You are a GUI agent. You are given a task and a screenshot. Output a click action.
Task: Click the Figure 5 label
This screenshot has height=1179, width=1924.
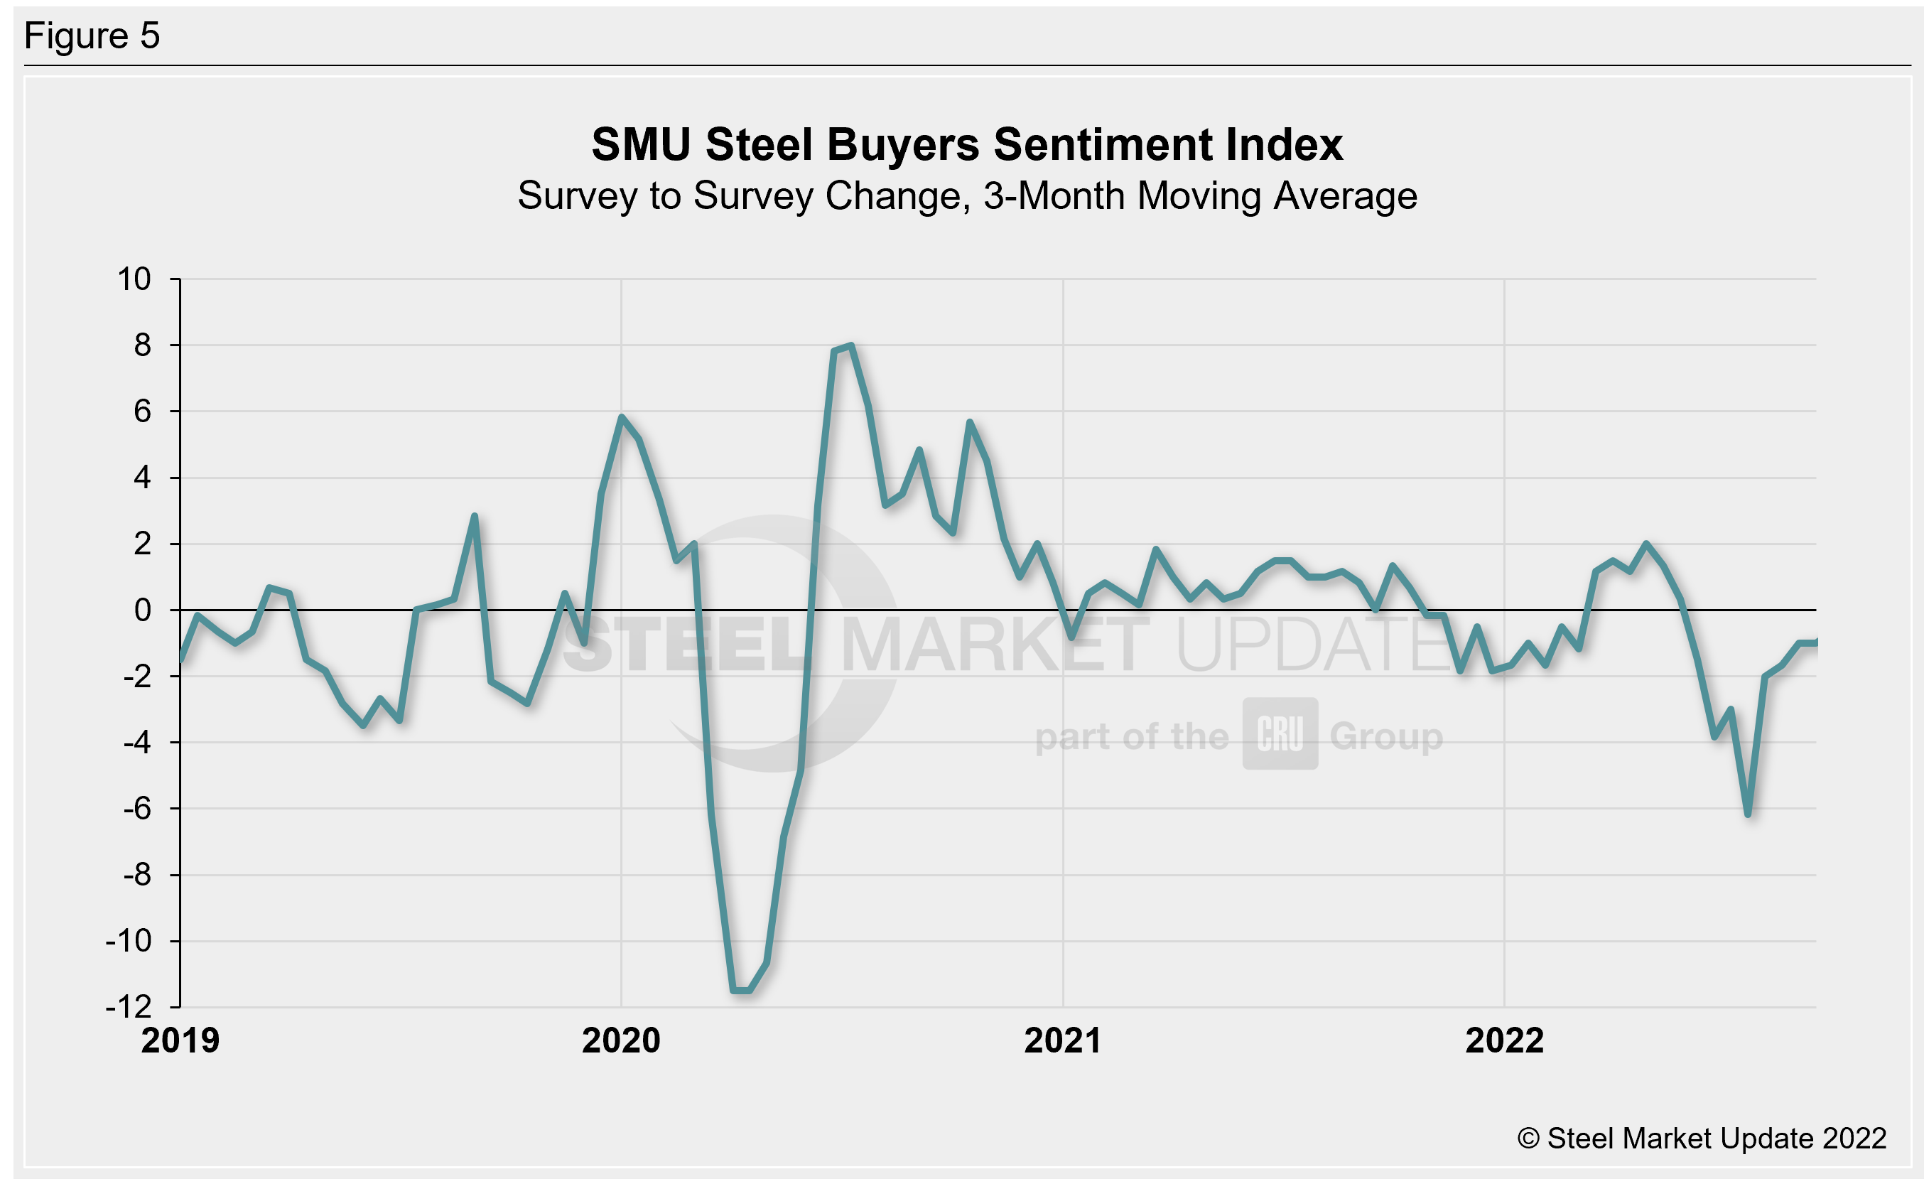click(x=92, y=36)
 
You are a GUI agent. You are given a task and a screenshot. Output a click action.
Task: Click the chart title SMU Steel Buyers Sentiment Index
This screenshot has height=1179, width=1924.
click(x=967, y=145)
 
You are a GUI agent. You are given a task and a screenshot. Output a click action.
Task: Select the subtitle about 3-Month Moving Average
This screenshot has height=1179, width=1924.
click(x=967, y=196)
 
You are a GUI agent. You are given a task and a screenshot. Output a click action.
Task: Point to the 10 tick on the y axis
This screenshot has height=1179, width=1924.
click(x=134, y=279)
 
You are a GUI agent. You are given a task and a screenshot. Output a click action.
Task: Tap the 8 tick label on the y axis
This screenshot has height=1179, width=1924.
click(x=142, y=345)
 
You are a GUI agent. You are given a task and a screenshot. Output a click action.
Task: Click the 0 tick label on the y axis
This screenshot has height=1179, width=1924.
click(x=142, y=610)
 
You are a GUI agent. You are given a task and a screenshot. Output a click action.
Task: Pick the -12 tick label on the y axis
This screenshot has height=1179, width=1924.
click(x=129, y=1007)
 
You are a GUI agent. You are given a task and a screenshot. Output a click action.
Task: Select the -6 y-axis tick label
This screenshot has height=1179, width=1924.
click(x=136, y=809)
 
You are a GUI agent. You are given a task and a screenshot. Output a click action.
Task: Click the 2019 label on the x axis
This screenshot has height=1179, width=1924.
click(x=180, y=1041)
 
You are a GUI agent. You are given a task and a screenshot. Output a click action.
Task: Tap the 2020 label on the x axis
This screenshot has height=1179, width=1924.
click(x=622, y=1041)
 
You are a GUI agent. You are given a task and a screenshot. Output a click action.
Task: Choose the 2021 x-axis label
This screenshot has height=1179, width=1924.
click(x=1063, y=1041)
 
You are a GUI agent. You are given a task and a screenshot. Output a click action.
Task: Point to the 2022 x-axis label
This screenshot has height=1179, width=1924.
click(x=1505, y=1041)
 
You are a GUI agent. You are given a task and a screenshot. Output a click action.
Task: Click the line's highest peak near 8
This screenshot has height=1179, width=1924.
click(x=850, y=345)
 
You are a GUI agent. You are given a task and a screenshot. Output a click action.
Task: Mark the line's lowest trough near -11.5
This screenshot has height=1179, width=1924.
click(x=741, y=991)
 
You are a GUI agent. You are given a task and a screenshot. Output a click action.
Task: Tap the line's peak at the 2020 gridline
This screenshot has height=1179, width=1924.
click(x=622, y=418)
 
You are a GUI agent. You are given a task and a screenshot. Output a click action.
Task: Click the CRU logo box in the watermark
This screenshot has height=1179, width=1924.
click(x=1280, y=734)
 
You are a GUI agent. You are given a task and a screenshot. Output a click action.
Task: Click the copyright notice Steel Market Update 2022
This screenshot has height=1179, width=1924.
click(x=1702, y=1138)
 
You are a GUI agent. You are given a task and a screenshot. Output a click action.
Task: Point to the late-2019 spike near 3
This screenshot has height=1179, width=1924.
click(x=474, y=516)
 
